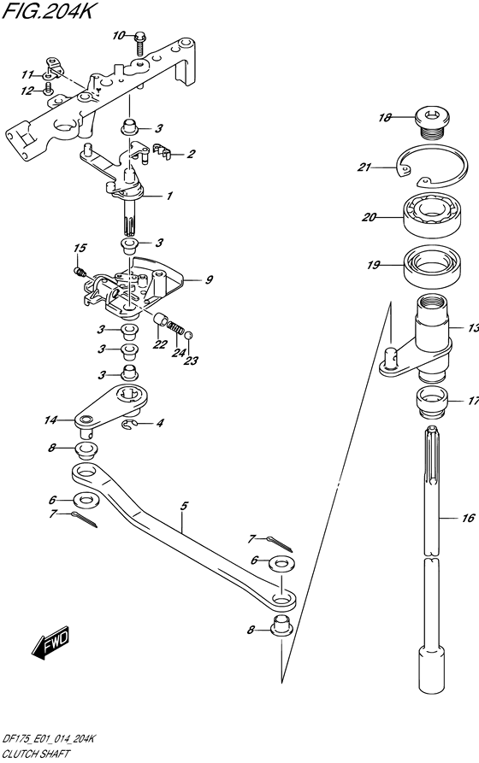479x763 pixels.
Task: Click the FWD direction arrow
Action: [x=50, y=643]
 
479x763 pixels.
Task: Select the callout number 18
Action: [x=385, y=117]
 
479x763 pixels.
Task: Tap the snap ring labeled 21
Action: [x=433, y=166]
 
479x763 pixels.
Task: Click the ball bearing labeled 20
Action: [x=432, y=214]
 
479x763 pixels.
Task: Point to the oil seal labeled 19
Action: [x=432, y=267]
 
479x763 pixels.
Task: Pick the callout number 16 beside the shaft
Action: [x=468, y=518]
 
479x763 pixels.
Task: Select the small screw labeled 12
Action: [x=48, y=88]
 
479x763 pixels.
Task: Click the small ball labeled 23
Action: [x=188, y=335]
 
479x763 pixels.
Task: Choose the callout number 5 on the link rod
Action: [x=184, y=506]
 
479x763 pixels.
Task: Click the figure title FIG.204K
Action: [x=47, y=10]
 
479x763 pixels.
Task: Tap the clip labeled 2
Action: [x=162, y=151]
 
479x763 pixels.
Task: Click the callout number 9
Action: [x=209, y=279]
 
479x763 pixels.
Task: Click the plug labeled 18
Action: [x=432, y=124]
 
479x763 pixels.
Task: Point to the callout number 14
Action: [x=50, y=420]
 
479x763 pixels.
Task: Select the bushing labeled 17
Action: [x=432, y=402]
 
